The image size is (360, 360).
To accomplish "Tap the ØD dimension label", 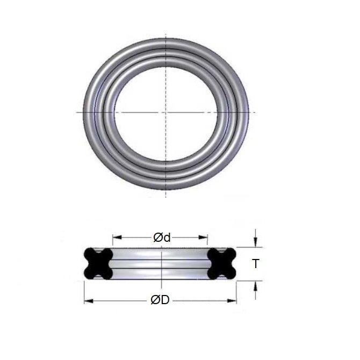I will (x=160, y=300).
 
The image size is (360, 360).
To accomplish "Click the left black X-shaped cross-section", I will (x=98, y=263).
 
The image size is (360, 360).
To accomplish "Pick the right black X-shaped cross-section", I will (x=222, y=263).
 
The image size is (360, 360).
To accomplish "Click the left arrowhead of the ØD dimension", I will (x=87, y=300).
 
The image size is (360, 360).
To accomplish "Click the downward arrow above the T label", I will (x=256, y=242).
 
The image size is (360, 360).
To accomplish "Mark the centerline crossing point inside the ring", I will (x=165, y=112).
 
